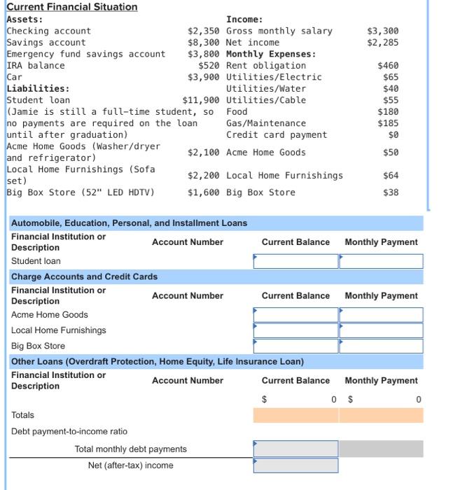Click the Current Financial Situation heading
(71, 7)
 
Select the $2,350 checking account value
(204, 31)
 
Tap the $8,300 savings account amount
(204, 43)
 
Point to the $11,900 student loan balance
(201, 100)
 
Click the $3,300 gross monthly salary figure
(383, 31)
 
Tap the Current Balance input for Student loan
(296, 261)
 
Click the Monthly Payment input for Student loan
(381, 261)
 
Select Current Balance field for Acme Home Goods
(296, 315)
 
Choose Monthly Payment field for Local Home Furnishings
(381, 330)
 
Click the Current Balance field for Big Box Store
(296, 346)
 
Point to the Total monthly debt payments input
(296, 449)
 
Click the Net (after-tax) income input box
(296, 465)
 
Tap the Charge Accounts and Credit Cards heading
(84, 277)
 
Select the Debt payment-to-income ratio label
(69, 431)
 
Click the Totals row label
(22, 415)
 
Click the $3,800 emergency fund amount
(204, 54)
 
